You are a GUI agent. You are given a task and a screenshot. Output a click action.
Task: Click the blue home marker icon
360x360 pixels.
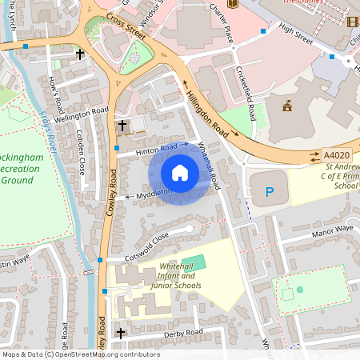tap(180, 173)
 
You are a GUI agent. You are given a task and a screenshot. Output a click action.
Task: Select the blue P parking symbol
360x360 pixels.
tap(270, 192)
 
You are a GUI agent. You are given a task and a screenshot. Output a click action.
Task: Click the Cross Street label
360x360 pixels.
tap(129, 24)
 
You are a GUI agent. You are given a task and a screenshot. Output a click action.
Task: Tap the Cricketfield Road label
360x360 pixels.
tap(246, 90)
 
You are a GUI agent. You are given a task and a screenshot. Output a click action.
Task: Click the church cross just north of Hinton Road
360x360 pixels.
tap(122, 126)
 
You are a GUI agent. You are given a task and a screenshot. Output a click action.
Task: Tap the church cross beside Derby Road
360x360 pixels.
tap(121, 333)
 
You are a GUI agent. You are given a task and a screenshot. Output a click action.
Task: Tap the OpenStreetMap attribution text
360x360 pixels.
tap(81, 354)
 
